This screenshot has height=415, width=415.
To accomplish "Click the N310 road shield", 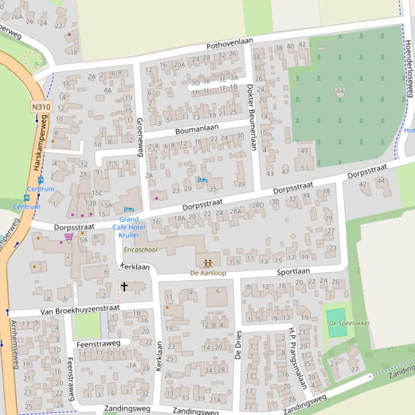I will pyautogui.click(x=41, y=107).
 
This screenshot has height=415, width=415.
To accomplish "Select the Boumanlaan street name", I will pyautogui.click(x=197, y=129).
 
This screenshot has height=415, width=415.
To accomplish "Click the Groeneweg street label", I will pyautogui.click(x=139, y=137).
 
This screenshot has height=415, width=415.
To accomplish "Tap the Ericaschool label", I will pyautogui.click(x=141, y=250).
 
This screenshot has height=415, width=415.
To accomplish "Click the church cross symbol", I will pyautogui.click(x=124, y=287).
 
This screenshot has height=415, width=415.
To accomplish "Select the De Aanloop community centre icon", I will pyautogui.click(x=208, y=264).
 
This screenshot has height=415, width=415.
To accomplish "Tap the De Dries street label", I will pyautogui.click(x=238, y=345).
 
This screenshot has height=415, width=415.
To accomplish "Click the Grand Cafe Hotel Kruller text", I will pyautogui.click(x=129, y=227).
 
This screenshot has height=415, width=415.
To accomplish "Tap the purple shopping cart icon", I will pyautogui.click(x=68, y=237).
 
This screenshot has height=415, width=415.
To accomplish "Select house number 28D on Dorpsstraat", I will pyautogui.click(x=258, y=205).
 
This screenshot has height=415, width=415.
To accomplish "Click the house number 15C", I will pyautogui.click(x=97, y=193).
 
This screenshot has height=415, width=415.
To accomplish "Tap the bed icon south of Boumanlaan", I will pyautogui.click(x=202, y=180).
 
